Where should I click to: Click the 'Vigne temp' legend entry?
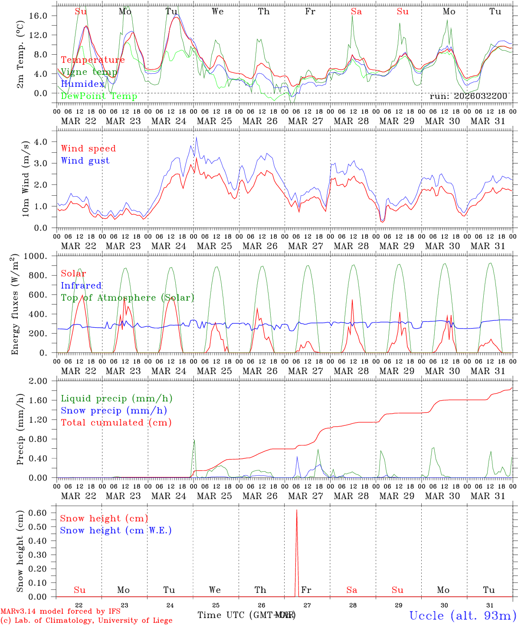click(x=89, y=72)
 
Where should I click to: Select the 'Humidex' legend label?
click(x=82, y=84)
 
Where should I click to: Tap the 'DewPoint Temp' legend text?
click(x=99, y=96)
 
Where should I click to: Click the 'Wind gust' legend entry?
click(x=85, y=161)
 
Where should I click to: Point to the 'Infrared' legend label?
click(x=81, y=286)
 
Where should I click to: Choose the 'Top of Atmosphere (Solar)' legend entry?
click(x=128, y=298)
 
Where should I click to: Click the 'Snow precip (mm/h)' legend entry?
click(x=114, y=411)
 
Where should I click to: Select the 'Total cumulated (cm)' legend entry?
click(x=116, y=423)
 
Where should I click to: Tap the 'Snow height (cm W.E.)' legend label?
click(x=115, y=530)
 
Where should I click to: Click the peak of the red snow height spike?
click(x=297, y=510)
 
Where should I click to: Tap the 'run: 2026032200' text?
click(x=468, y=96)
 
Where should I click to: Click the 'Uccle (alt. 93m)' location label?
click(x=462, y=615)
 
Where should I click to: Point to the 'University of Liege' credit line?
click(x=86, y=621)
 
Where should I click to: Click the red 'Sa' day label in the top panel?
click(x=356, y=12)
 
